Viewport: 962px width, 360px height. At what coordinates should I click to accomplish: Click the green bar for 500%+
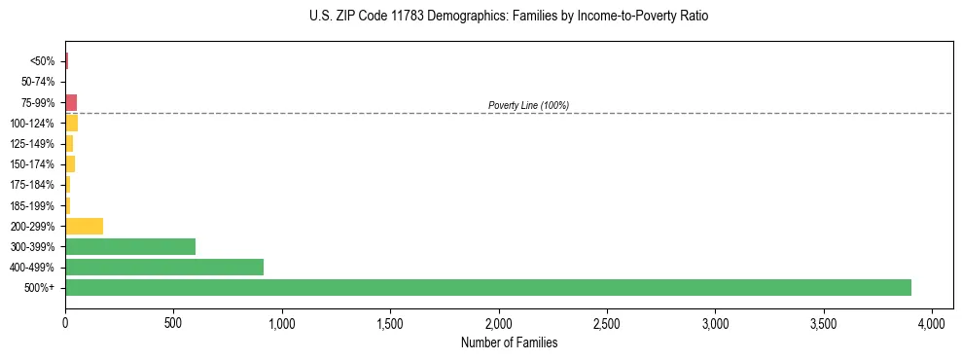tap(487, 288)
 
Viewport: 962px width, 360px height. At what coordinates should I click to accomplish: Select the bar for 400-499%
tap(163, 267)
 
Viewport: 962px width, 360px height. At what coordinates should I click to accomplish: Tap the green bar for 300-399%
tap(129, 246)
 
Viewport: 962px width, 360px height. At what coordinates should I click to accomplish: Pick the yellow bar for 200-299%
tap(84, 226)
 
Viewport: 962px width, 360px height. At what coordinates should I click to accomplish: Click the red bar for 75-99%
tap(71, 102)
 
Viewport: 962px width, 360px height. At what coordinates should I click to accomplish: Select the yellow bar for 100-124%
tap(71, 123)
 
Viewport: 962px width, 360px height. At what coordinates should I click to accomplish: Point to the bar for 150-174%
tap(70, 164)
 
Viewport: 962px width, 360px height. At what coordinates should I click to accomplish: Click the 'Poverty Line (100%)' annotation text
tap(528, 105)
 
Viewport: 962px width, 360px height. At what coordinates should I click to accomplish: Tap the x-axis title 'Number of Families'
tap(509, 342)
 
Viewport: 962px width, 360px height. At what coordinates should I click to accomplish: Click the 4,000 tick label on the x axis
tap(931, 322)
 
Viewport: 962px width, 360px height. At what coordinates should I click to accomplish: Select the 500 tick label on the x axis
tap(173, 322)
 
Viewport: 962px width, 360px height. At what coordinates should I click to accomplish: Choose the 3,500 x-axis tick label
tap(823, 322)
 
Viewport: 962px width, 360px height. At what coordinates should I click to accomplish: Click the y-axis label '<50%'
tap(42, 61)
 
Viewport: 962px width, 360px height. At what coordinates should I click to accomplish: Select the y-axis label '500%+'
tap(40, 288)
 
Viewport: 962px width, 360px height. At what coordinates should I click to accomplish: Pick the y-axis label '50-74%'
tap(37, 82)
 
